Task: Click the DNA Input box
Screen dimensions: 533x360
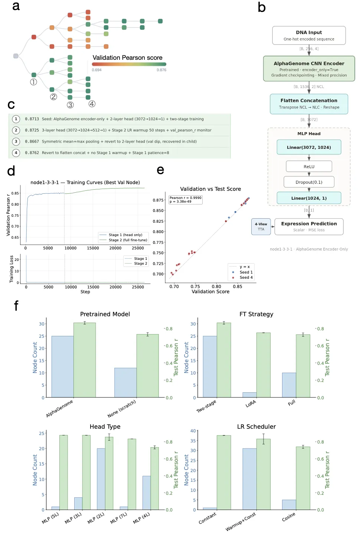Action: point(309,35)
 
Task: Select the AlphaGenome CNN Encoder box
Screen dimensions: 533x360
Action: point(309,69)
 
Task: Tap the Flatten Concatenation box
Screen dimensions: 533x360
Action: point(309,104)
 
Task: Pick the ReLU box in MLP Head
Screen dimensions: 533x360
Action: point(309,167)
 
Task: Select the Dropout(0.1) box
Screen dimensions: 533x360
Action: point(309,182)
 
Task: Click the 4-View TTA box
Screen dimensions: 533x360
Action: point(261,226)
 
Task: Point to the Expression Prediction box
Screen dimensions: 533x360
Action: point(309,226)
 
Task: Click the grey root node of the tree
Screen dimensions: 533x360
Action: point(16,56)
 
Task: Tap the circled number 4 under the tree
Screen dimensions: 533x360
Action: point(92,104)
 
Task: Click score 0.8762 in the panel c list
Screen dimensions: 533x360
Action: point(32,153)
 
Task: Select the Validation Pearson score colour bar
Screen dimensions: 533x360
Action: point(129,64)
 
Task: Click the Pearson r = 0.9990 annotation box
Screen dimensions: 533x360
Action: point(186,200)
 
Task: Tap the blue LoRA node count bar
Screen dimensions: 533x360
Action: point(249,395)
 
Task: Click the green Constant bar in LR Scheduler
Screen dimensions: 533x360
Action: point(224,472)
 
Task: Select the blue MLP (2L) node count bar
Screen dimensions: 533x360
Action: point(101,479)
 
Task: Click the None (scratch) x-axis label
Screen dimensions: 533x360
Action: point(122,408)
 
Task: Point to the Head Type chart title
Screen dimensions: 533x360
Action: point(105,426)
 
